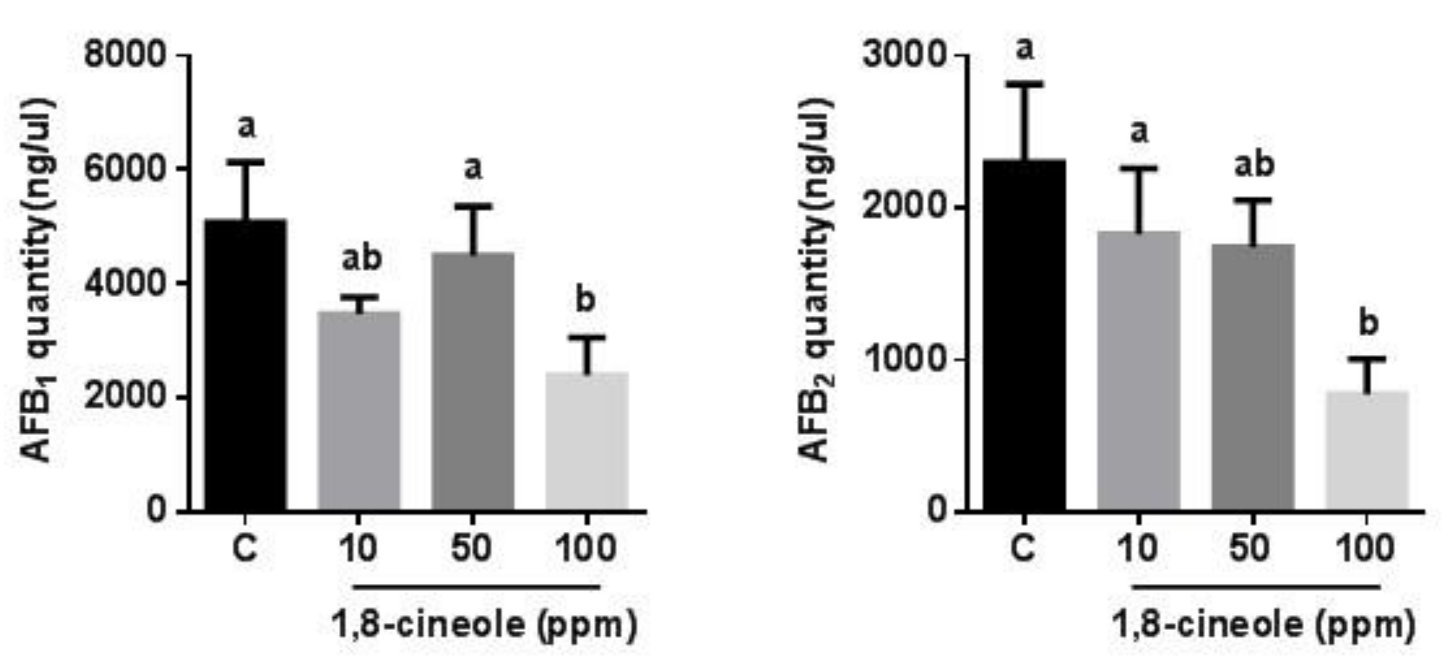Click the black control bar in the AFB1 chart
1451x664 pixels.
pos(246,366)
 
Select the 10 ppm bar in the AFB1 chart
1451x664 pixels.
pos(359,411)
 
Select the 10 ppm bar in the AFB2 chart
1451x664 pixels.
pos(1138,372)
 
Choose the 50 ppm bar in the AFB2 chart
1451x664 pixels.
pos(1253,378)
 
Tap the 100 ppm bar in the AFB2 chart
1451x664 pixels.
pos(1367,451)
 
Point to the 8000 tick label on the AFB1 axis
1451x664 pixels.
pos(125,55)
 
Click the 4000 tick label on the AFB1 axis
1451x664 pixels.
pos(125,283)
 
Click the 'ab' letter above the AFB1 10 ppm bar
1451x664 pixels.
pos(362,259)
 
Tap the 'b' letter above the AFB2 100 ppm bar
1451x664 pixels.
pos(1369,323)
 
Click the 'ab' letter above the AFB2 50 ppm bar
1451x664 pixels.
pos(1254,165)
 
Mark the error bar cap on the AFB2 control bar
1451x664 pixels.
pos(1025,84)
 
